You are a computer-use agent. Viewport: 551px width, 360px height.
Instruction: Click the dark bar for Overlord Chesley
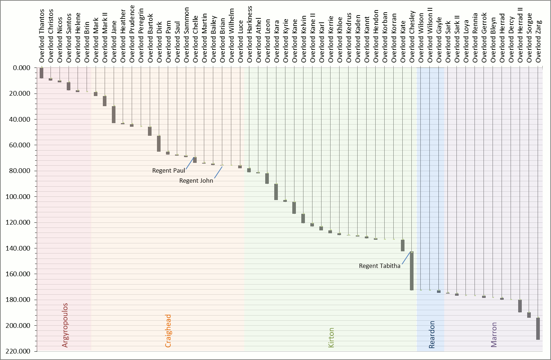point(412,271)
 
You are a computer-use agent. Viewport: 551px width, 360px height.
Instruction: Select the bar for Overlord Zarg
point(538,329)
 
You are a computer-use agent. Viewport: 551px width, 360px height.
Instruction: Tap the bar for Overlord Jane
point(114,114)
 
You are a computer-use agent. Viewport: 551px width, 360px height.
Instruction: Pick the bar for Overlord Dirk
point(159,143)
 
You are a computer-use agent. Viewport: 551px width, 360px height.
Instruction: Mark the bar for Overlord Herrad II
point(520,306)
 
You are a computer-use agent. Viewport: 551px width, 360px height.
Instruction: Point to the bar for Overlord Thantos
point(41,73)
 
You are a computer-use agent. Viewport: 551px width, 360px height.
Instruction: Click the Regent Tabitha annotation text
point(379,266)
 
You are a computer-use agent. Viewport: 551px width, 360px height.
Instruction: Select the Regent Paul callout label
point(169,170)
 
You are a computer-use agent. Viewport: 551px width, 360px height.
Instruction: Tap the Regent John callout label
point(196,181)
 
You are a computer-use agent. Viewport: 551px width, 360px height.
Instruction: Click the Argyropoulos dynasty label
point(65,325)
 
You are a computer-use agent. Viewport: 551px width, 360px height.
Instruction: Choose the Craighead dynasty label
point(168,331)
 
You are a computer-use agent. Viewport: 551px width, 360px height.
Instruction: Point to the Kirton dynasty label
point(331,338)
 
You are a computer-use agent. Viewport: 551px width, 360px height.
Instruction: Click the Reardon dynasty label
point(432,334)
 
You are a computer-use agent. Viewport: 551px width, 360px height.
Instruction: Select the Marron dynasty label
point(494,335)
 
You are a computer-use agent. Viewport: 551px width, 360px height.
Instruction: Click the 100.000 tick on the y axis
point(18,197)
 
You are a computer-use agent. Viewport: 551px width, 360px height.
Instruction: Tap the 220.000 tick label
point(18,351)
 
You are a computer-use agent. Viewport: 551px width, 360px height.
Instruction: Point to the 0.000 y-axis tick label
point(21,68)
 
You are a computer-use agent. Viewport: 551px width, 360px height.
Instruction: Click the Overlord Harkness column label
point(249,35)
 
